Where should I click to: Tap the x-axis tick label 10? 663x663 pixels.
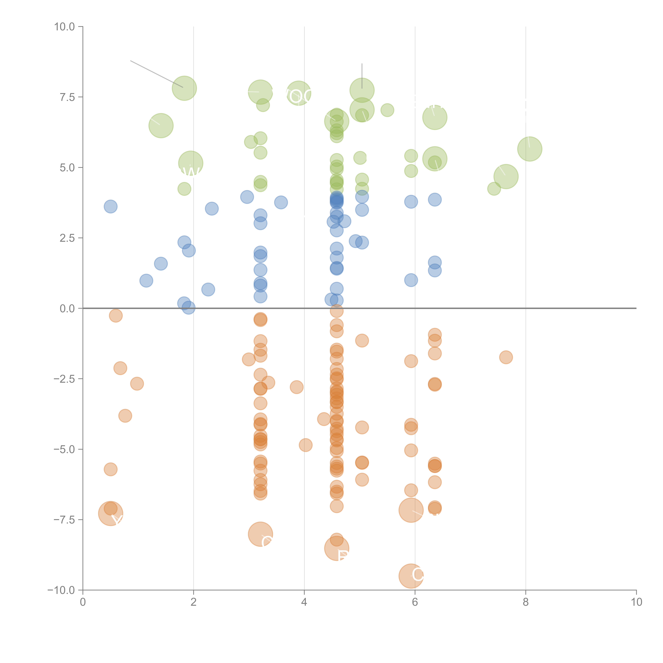point(636,602)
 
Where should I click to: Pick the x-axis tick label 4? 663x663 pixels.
point(304,602)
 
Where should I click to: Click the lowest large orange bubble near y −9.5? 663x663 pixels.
point(411,576)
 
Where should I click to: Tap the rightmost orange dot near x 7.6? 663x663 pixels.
point(506,357)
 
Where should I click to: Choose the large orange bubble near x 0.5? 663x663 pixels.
point(110,513)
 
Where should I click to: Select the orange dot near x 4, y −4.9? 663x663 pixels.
point(305,445)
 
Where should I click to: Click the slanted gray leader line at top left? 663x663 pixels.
point(156,74)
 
